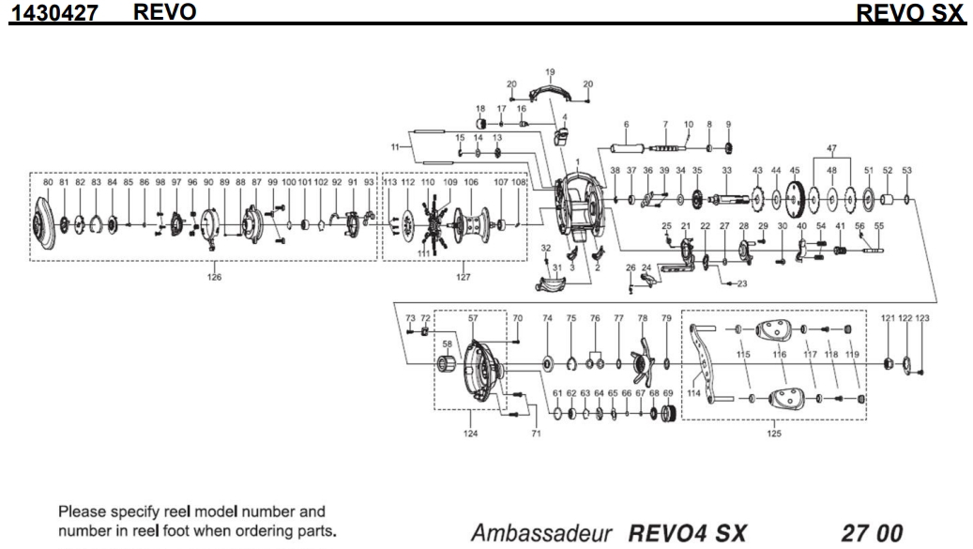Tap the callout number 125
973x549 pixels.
pyautogui.click(x=771, y=433)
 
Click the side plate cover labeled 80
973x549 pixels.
pyautogui.click(x=50, y=224)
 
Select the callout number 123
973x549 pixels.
pyautogui.click(x=923, y=320)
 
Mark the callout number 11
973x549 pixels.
pyautogui.click(x=395, y=146)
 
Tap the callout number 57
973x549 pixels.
pyautogui.click(x=472, y=320)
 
